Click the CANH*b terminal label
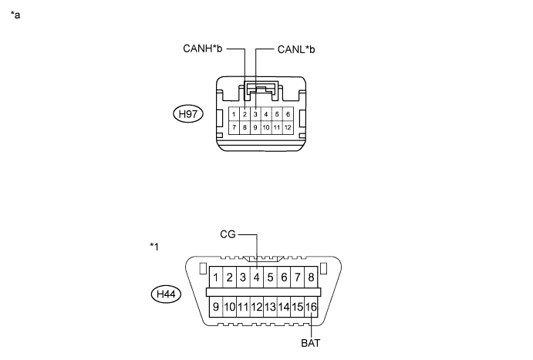point(203,49)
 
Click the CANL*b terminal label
point(296,49)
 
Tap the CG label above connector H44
point(228,234)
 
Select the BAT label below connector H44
point(311,343)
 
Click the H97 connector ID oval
point(188,114)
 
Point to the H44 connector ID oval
point(166,294)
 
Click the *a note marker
point(15,15)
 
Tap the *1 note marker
point(154,247)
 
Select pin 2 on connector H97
point(245,114)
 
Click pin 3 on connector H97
point(255,114)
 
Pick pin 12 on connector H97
point(288,127)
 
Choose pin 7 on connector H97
point(234,127)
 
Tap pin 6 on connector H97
point(288,114)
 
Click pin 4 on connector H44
point(257,278)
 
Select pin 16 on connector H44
point(311,307)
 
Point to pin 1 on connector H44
point(216,278)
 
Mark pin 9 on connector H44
point(216,307)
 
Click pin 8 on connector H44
point(311,278)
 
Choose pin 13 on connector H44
point(270,307)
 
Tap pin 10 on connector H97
point(266,127)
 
